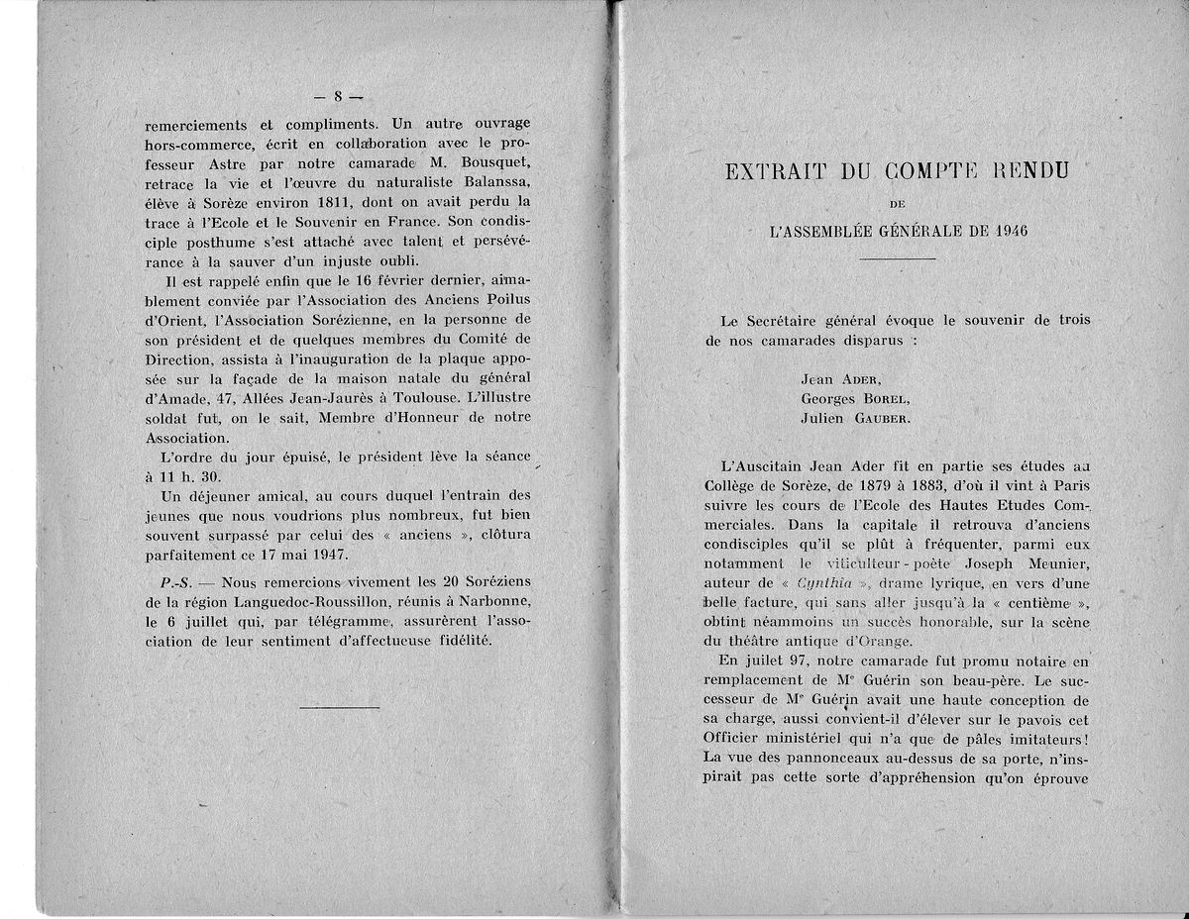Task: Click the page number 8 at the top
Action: tap(338, 96)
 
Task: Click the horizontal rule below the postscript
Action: tap(338, 707)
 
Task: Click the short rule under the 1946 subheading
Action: tap(897, 258)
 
